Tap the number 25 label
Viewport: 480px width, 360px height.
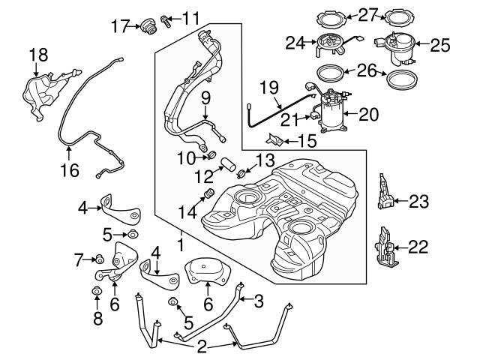(440, 46)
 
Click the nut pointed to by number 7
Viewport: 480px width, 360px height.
(98, 259)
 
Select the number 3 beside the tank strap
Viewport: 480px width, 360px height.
(259, 302)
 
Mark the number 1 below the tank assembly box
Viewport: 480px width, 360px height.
(180, 244)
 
